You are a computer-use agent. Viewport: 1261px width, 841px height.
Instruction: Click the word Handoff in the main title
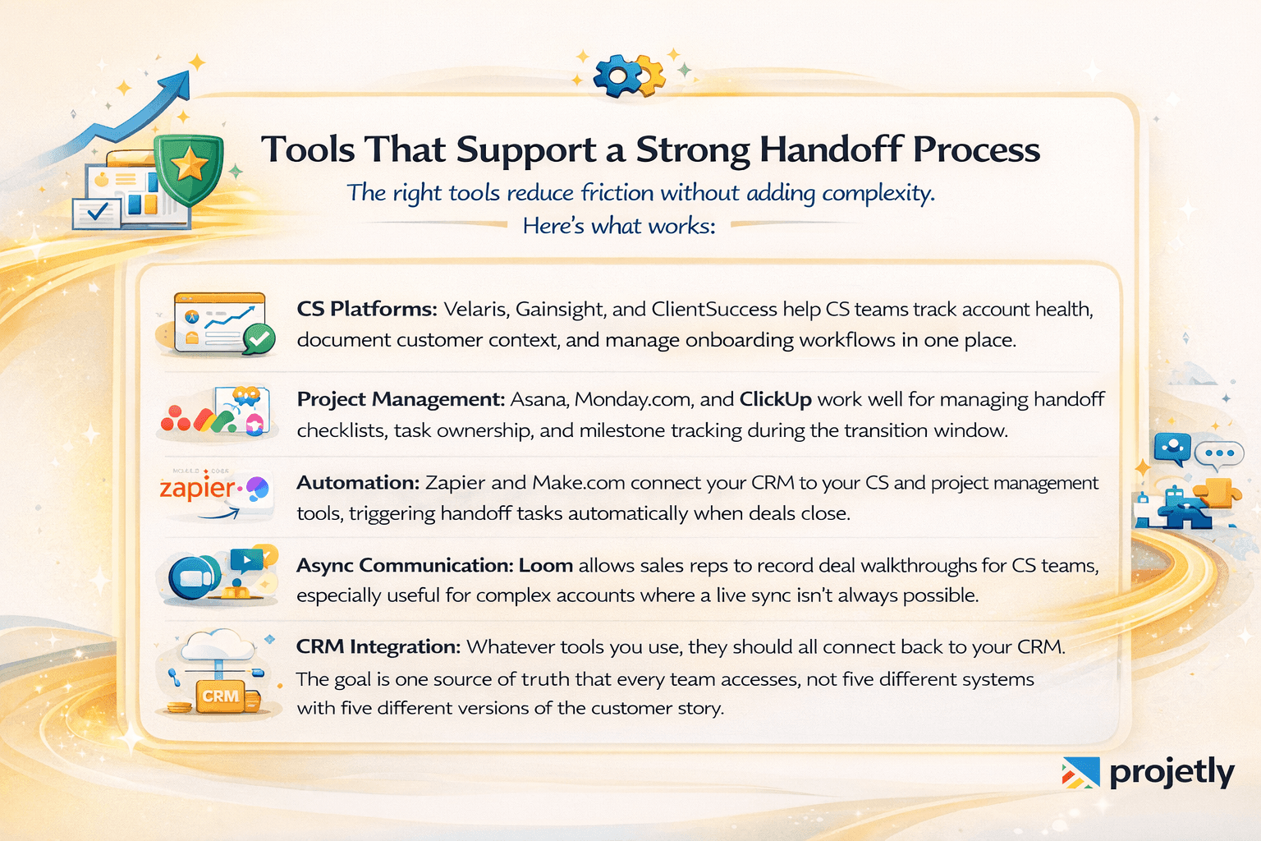(830, 149)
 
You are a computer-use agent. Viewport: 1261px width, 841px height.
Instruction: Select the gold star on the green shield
(190, 164)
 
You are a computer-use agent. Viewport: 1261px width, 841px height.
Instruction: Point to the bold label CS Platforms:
(366, 309)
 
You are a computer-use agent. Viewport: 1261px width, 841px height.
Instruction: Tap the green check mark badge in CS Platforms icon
(260, 338)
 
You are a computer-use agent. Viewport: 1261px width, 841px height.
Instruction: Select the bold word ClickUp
(775, 399)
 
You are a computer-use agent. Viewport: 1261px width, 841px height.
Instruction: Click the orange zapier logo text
(197, 488)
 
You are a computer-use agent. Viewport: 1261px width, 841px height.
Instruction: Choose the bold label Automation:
(358, 483)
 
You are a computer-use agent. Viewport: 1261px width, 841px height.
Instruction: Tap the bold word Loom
(546, 565)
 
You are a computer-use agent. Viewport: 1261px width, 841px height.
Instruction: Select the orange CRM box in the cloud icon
(220, 696)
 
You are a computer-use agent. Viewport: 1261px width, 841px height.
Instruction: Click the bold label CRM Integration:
(378, 646)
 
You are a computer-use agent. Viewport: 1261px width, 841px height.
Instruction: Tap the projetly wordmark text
(1172, 772)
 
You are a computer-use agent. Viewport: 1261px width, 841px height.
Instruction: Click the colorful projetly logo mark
(1080, 772)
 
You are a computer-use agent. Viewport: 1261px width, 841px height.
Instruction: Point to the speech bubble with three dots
(1219, 453)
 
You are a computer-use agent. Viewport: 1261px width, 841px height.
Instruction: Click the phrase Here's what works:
(619, 225)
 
